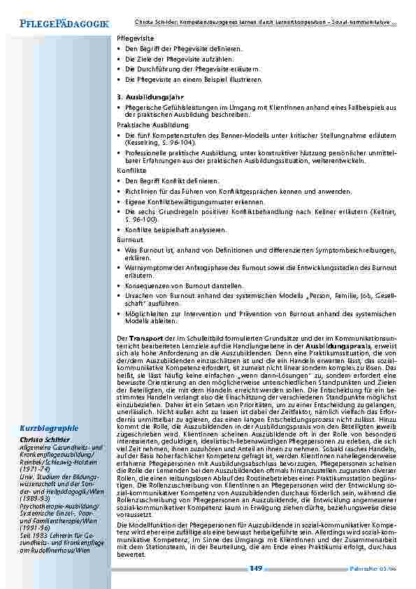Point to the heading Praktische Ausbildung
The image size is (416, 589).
click(143, 124)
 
